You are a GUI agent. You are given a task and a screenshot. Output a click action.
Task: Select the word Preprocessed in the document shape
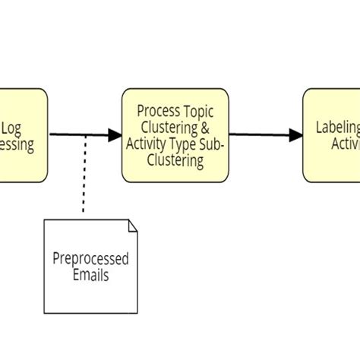(90, 258)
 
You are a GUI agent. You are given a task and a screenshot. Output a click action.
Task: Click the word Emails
(90, 275)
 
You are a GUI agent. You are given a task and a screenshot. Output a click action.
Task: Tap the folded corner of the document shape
(132, 225)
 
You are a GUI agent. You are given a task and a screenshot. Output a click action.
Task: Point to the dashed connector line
(85, 175)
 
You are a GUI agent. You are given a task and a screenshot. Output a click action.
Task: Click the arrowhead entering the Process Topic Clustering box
(115, 136)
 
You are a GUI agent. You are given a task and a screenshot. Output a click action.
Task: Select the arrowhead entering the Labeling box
(296, 136)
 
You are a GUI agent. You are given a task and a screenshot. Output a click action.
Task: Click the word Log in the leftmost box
(14, 128)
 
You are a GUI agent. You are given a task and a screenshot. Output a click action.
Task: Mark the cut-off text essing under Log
(18, 145)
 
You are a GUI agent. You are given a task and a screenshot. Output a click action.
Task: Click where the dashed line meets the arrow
(85, 136)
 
